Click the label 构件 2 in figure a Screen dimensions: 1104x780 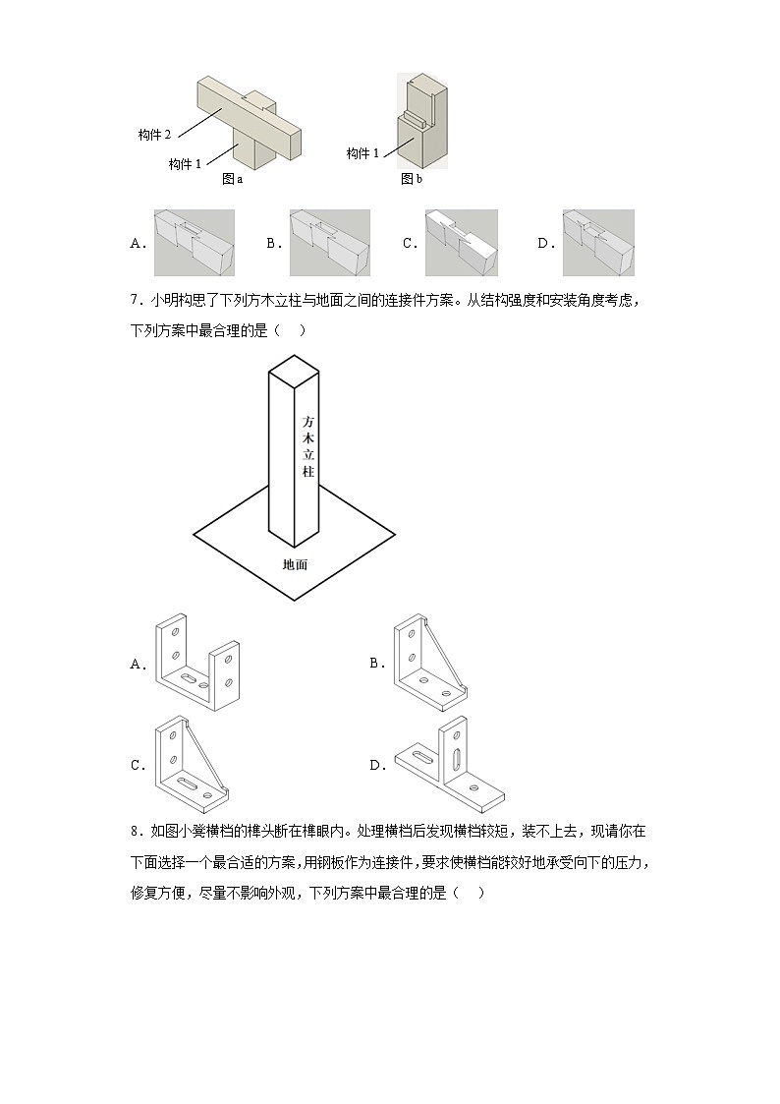pyautogui.click(x=155, y=135)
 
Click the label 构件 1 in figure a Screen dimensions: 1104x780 pyautogui.click(x=185, y=163)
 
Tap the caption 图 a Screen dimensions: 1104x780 pyautogui.click(x=232, y=179)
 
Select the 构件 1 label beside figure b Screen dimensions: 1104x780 pyautogui.click(x=363, y=153)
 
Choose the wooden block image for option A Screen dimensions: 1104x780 pyautogui.click(x=195, y=243)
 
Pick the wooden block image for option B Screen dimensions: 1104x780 pyautogui.click(x=329, y=243)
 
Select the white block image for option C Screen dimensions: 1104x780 pyautogui.click(x=461, y=243)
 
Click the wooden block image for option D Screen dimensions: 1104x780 pyautogui.click(x=598, y=243)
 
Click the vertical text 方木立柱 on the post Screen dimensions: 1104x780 pyautogui.click(x=307, y=446)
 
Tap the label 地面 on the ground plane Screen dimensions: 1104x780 pyautogui.click(x=295, y=564)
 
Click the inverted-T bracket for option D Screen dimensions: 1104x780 pyautogui.click(x=448, y=764)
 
